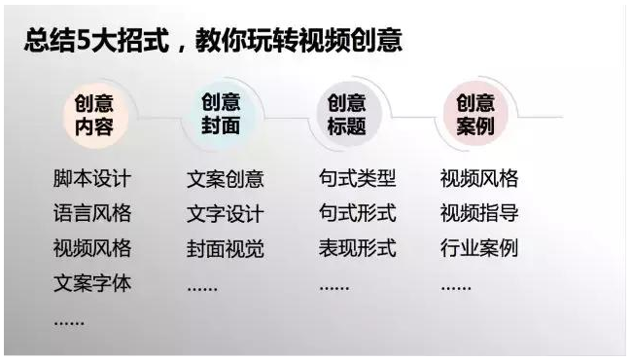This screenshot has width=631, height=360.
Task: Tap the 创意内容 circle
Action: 93,116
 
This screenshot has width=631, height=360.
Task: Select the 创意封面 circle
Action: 221,115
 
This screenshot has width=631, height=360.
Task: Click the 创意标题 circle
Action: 347,115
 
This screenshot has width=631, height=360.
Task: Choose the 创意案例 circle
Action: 475,115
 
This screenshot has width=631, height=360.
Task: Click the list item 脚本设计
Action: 92,179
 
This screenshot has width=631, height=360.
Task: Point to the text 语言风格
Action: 92,213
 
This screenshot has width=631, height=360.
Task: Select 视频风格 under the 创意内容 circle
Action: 92,247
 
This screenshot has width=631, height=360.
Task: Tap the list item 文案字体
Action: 92,283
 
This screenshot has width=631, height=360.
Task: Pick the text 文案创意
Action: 225,179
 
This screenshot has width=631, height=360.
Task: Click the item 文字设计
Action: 225,213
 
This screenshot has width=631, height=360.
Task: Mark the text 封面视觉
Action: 225,247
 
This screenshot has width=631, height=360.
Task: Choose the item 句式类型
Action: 357,178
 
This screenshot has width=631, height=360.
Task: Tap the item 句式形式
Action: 357,213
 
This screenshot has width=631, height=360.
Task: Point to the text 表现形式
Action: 357,247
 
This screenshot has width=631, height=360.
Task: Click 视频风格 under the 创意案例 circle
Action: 479,178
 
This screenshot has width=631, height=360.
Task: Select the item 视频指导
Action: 479,213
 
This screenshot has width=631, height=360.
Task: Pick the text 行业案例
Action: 479,247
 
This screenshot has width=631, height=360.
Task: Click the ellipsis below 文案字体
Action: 69,321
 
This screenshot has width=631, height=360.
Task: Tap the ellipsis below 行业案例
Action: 456,287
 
